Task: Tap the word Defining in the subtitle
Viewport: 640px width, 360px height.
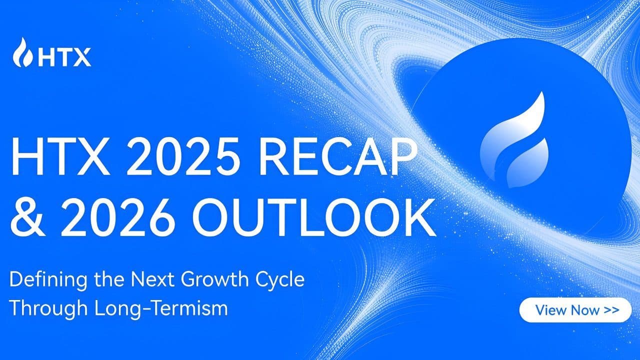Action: [41, 279]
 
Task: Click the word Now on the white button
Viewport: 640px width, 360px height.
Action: [584, 310]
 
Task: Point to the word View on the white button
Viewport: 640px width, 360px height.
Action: [550, 310]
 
